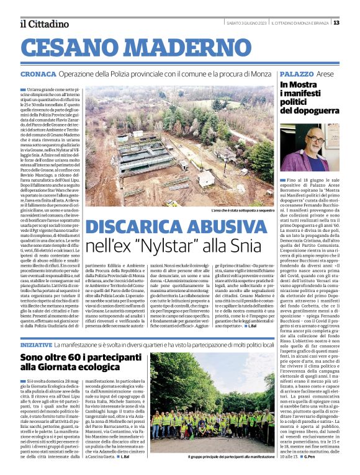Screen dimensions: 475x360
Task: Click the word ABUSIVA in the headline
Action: (229, 227)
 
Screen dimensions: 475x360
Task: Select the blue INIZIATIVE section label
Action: (36, 344)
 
